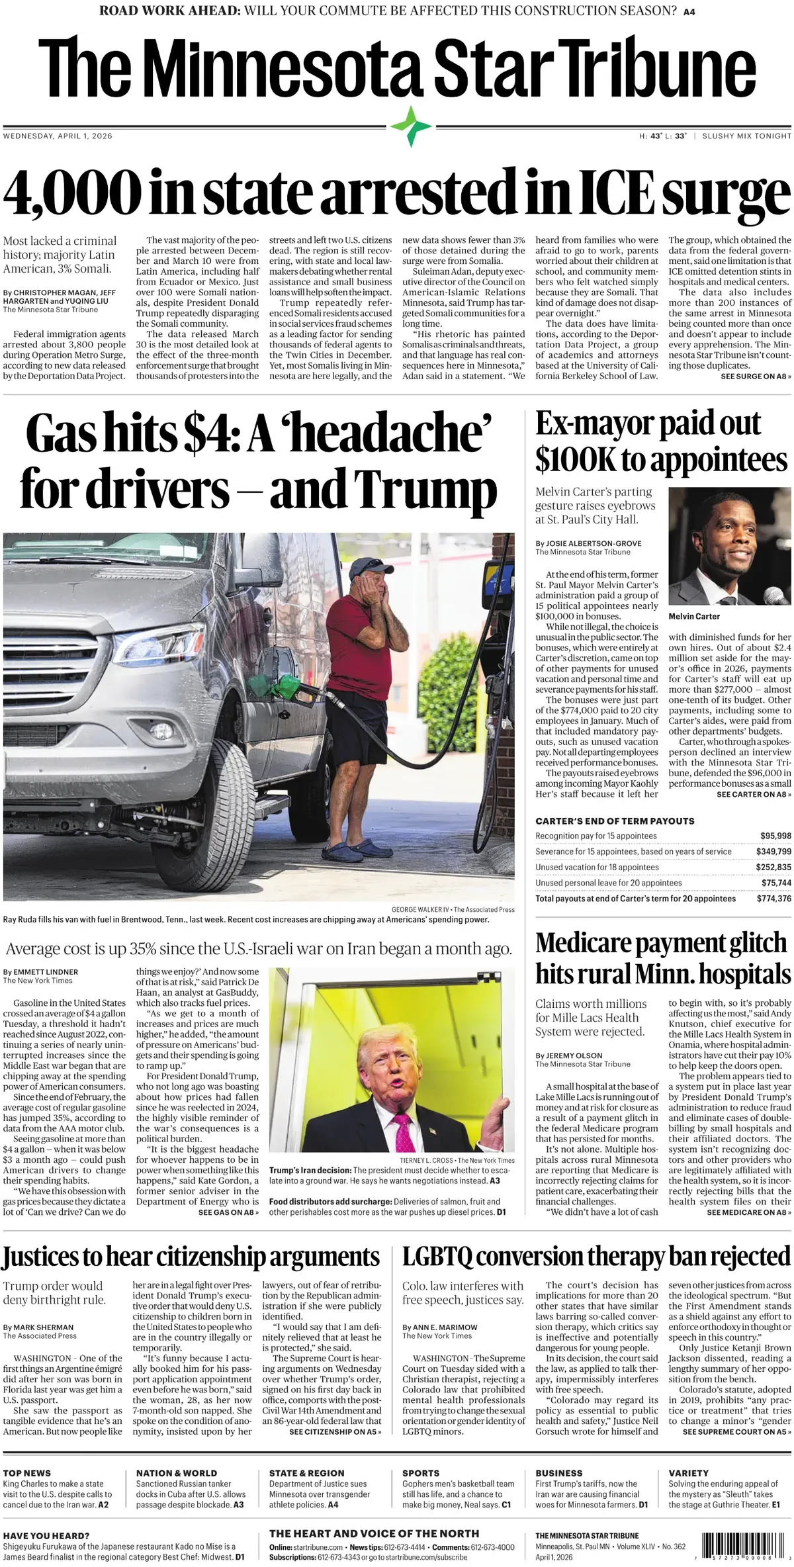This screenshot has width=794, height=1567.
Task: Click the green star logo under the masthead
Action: point(411,126)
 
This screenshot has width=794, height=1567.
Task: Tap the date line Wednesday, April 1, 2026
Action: point(58,136)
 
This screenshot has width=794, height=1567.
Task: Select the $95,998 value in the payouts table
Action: point(773,836)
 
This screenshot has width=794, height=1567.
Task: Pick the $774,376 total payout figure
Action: point(773,899)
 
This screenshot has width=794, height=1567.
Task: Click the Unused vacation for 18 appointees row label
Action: point(597,867)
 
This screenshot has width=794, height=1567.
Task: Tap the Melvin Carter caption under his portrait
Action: point(694,616)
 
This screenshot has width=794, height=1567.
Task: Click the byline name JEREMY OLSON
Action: point(574,1055)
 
